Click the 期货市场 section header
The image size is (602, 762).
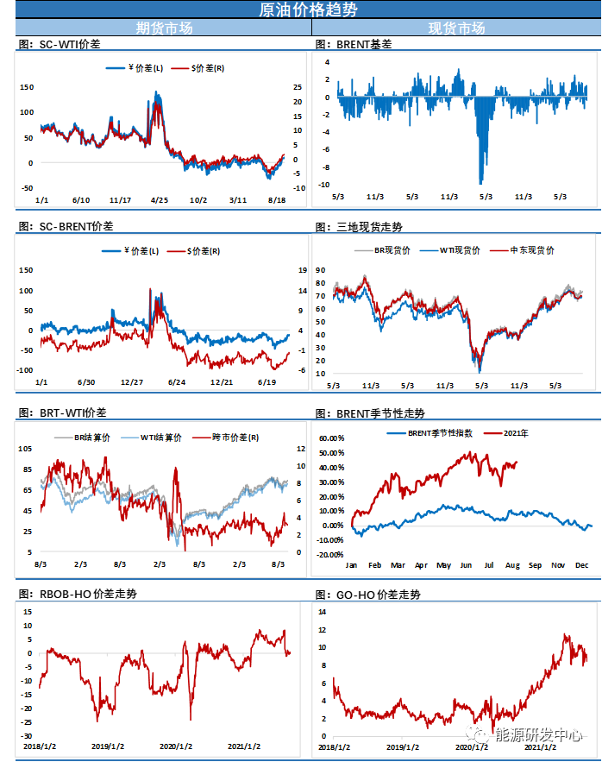[x=164, y=28]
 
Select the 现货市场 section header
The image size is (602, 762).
[x=456, y=28]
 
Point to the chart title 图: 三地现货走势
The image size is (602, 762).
[x=358, y=227]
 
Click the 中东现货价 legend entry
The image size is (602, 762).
[x=529, y=250]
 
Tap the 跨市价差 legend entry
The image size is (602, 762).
[x=229, y=438]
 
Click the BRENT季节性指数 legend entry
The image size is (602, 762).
[x=436, y=432]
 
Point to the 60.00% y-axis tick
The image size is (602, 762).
[x=331, y=438]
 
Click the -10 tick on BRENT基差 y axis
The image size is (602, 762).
[x=324, y=185]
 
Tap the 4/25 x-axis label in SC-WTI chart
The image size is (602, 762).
[x=160, y=199]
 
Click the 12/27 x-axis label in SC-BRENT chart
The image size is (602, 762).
[x=132, y=381]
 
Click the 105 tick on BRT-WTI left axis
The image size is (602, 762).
[x=26, y=449]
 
